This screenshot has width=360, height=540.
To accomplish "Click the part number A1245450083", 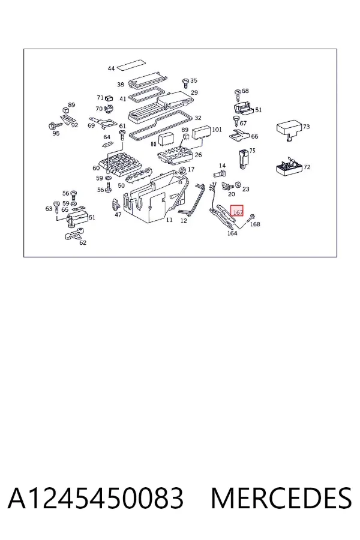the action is click(95, 498).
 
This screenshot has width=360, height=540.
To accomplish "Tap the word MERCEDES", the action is click(281, 498).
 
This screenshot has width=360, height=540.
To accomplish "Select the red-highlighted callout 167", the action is click(237, 211).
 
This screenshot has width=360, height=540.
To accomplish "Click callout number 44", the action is click(111, 68).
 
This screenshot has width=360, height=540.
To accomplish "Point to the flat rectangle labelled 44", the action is click(131, 64).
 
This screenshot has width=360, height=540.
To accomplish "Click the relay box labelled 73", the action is click(289, 130).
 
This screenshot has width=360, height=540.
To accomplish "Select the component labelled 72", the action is click(289, 167).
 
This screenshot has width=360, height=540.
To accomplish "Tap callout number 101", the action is click(217, 130).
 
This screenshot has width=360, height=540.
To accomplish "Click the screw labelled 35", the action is click(185, 83).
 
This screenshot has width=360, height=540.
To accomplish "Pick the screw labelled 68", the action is click(238, 94).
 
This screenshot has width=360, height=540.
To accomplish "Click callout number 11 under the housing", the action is click(169, 220).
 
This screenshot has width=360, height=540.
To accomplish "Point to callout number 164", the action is click(232, 233).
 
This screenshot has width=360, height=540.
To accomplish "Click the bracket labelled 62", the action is click(73, 235).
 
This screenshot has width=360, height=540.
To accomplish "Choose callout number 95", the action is click(56, 133).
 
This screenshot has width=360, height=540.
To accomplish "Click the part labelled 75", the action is click(243, 159).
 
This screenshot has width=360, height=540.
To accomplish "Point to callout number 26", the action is click(198, 155).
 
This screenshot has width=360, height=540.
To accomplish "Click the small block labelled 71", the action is click(109, 98).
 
